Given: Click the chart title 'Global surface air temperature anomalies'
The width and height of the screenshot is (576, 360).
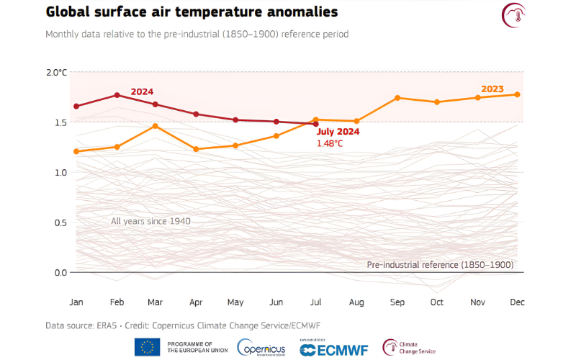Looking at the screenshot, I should point(192,13).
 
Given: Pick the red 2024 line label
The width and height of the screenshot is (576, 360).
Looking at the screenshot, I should point(142,91).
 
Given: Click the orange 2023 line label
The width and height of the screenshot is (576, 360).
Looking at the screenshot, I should point(492,89).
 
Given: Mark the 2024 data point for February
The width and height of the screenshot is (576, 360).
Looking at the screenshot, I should point(117,95).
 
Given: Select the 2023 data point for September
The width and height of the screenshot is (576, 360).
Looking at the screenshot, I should point(397,98).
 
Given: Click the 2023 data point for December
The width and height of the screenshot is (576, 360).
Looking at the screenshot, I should point(518,94).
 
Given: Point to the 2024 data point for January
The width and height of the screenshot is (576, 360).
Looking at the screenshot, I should point(76,106).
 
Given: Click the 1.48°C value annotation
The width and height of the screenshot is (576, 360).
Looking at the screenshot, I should point(330,143).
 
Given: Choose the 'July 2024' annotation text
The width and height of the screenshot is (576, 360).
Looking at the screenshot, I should point(337,132).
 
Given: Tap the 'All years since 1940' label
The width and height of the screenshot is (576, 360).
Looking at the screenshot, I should point(150,221).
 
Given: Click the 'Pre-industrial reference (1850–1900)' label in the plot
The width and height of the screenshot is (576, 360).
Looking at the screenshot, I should point(440,265).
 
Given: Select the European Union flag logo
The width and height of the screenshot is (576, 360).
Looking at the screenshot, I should point(148,347).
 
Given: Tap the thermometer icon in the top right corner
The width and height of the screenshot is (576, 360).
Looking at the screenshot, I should point(513,15).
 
